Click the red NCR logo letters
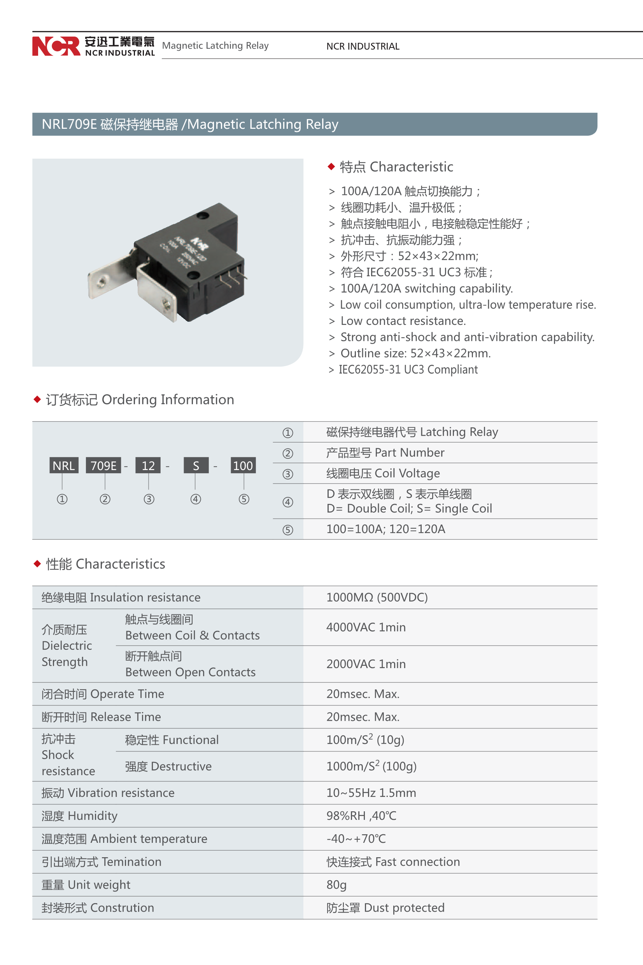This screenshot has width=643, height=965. [56, 46]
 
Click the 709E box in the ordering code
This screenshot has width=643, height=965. [103, 465]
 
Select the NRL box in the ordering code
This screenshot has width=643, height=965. [63, 465]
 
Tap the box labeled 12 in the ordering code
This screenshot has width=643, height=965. [148, 465]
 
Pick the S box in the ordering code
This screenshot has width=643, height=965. [196, 465]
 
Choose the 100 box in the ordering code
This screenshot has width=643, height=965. [243, 465]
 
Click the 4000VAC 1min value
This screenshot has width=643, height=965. [366, 627]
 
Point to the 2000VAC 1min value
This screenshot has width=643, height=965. [366, 664]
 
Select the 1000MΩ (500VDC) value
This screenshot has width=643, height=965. [377, 597]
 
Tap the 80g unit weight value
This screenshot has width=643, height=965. [336, 884]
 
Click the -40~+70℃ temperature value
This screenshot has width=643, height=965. [356, 839]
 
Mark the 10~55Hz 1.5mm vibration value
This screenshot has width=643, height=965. [371, 793]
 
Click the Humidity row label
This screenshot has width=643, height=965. [80, 816]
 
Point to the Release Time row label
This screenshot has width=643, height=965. [101, 717]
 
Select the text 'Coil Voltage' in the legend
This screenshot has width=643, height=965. [407, 473]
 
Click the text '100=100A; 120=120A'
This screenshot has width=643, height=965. [385, 529]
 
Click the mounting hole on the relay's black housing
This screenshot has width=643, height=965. [202, 214]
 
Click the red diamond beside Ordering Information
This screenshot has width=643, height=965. [37, 400]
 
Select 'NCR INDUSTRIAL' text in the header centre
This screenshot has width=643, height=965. [363, 46]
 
